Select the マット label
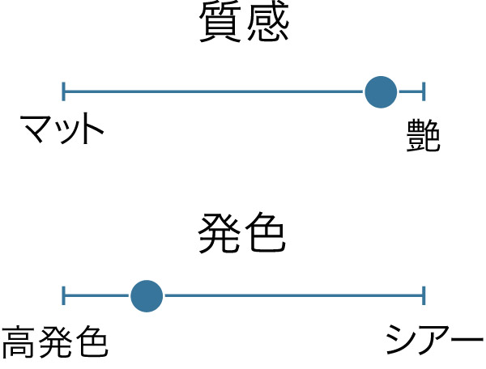[x=62, y=129]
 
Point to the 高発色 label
[x=55, y=343]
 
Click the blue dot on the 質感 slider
[x=381, y=91]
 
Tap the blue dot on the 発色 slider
[x=147, y=296]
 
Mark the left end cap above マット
[x=63, y=91]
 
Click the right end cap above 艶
[x=424, y=91]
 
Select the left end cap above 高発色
[x=63, y=296]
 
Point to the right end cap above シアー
[x=424, y=296]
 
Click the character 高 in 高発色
[x=19, y=343]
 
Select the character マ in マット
[x=36, y=129]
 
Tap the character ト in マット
[x=91, y=129]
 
